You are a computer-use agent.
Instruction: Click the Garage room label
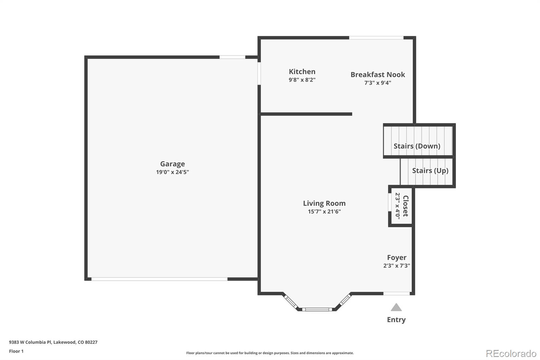172,164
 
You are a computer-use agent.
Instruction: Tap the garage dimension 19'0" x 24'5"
172,172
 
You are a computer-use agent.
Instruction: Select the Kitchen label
302,72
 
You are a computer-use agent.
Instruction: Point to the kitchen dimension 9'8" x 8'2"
302,80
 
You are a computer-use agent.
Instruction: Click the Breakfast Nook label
378,75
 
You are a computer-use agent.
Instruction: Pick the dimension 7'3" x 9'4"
378,83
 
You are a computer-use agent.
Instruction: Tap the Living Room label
324,203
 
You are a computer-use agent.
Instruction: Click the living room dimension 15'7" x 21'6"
324,212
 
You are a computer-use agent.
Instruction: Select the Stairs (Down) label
417,146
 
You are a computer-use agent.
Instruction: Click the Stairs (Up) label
430,171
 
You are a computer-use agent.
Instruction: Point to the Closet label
406,206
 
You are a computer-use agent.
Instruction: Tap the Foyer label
397,258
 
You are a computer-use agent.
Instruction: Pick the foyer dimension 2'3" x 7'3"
397,266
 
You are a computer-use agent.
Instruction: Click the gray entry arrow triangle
396,308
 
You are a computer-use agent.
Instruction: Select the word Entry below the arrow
396,320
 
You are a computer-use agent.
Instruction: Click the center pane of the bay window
317,309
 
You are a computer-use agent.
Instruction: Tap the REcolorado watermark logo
511,354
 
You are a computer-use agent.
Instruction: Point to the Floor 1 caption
16,351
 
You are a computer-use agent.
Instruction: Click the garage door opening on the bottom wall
159,279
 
